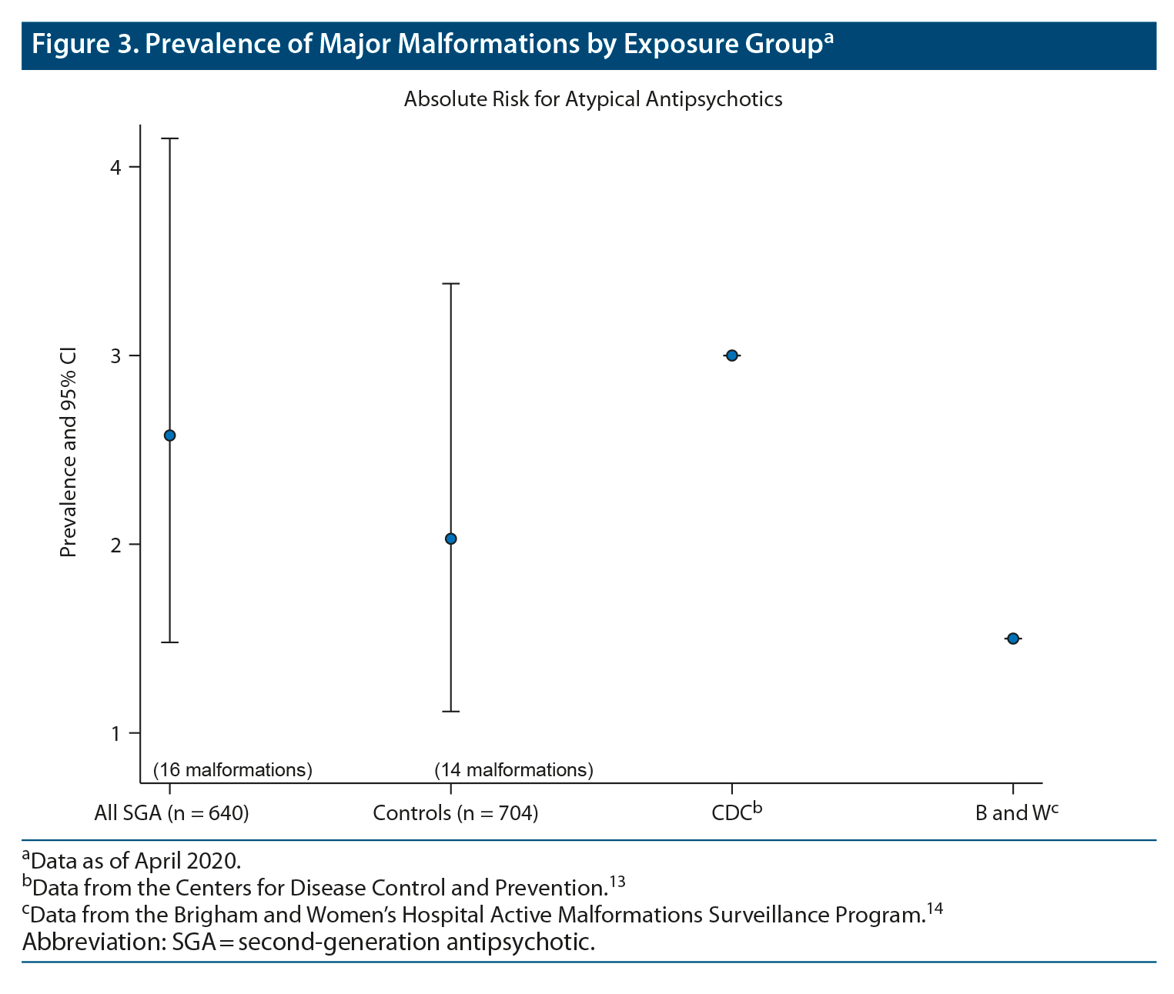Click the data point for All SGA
170,435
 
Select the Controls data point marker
451,539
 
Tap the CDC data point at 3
732,355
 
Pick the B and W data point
1013,639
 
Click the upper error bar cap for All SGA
170,138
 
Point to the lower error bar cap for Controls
451,712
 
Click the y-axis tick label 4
115,167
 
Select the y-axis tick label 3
115,356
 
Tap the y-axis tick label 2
115,545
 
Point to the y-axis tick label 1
115,733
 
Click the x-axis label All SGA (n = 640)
171,813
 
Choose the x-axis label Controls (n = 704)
455,813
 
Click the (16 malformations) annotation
232,769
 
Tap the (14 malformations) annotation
513,769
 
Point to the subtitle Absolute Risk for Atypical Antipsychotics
593,99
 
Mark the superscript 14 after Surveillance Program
934,909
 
